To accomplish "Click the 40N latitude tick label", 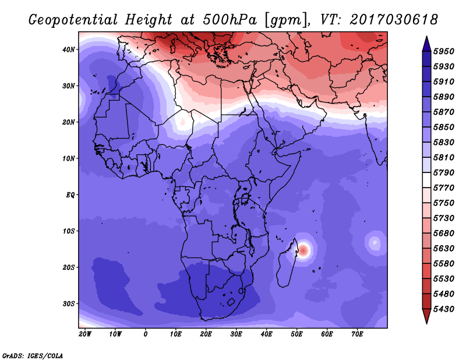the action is click(x=69, y=50).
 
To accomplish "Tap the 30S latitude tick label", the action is click(x=69, y=304).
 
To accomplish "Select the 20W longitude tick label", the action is click(x=85, y=334).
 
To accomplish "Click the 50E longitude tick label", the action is click(x=296, y=334).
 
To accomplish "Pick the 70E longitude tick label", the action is click(x=357, y=334).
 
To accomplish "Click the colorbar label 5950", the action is click(x=444, y=51).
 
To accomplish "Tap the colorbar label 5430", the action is click(x=444, y=309).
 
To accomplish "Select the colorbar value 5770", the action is click(x=444, y=188).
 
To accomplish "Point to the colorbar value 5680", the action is click(x=444, y=234).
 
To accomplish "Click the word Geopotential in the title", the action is click(x=73, y=20).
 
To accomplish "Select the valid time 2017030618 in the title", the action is click(x=394, y=20).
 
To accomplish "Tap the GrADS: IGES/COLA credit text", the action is click(x=33, y=356).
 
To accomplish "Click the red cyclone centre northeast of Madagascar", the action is click(x=303, y=250).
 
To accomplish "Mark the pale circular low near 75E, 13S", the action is click(x=374, y=243).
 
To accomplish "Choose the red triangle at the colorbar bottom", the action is click(x=426, y=316).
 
